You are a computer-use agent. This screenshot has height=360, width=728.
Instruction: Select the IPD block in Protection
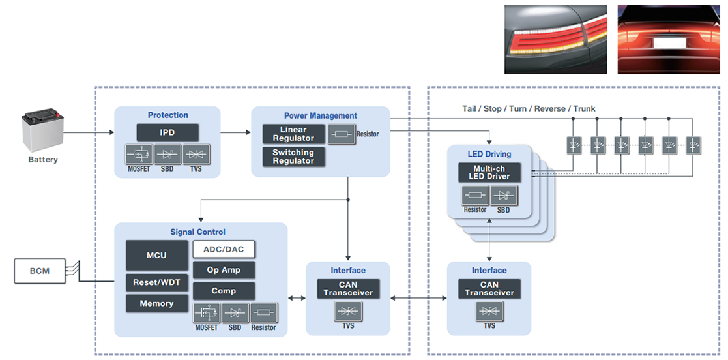[167, 132]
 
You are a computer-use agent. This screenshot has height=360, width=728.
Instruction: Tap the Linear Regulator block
[293, 134]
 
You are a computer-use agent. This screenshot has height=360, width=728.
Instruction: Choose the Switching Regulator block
[293, 157]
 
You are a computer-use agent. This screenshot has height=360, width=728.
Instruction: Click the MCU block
[156, 256]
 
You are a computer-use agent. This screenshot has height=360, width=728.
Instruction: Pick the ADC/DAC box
[224, 249]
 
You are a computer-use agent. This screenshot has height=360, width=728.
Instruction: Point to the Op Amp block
[224, 270]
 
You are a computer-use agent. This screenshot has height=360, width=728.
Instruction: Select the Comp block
[224, 291]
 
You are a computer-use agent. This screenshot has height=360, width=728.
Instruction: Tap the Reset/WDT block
[156, 282]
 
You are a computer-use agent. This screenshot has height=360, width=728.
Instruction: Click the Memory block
[156, 303]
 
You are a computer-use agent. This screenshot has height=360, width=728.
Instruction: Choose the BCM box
[40, 270]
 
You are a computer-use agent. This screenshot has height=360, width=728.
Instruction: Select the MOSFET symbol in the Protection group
[138, 155]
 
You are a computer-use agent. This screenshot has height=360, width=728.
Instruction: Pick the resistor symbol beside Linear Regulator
[341, 134]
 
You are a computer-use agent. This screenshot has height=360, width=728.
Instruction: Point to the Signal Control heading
[198, 232]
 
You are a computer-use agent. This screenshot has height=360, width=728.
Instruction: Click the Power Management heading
[321, 116]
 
